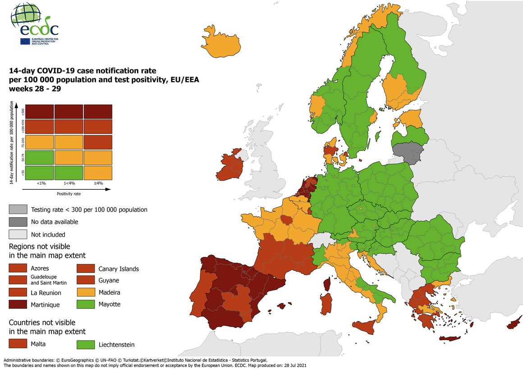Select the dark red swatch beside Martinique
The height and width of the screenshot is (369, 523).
(x=17, y=305)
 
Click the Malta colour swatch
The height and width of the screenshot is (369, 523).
(x=17, y=344)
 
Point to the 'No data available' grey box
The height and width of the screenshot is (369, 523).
(x=17, y=222)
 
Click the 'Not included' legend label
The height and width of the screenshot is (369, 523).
(x=48, y=234)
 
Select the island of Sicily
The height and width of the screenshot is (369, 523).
(x=366, y=326)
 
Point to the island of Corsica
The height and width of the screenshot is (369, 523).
(x=327, y=284)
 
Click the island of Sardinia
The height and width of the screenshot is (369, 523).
(x=326, y=305)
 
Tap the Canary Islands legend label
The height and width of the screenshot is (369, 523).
(x=119, y=269)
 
